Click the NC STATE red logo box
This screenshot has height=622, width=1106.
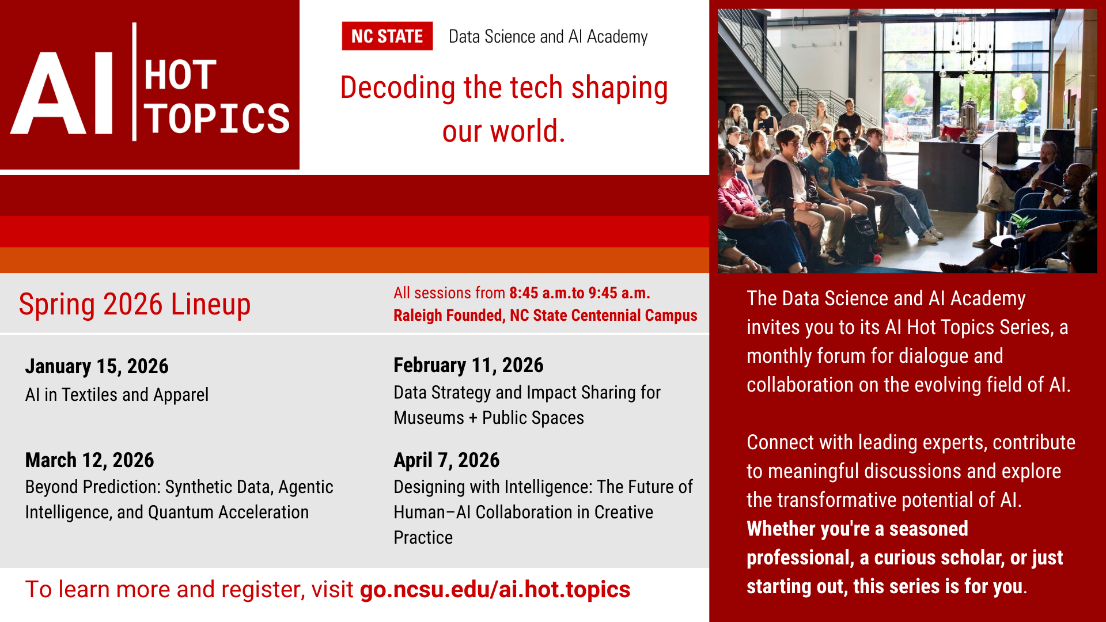coord(387,36)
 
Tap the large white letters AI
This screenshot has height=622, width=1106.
coord(62,93)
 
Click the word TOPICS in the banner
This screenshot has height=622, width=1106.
coord(217,119)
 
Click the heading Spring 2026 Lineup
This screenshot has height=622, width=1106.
coord(135,304)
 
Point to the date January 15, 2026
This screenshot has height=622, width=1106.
coord(97,366)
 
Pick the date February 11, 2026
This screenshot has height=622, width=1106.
coord(468,365)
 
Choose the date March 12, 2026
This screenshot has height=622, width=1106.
coord(89,460)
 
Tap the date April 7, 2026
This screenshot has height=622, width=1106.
coord(446,460)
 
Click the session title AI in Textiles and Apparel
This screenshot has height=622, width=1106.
coord(117,395)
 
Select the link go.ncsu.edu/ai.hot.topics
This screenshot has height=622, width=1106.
coord(495,590)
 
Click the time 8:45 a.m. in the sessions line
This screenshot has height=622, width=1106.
coord(539,293)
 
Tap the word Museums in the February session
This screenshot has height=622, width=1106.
coord(429,418)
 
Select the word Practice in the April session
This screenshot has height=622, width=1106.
coord(423,537)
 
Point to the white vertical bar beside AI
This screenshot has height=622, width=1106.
coord(134,82)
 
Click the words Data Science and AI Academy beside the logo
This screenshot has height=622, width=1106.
coord(548,37)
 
